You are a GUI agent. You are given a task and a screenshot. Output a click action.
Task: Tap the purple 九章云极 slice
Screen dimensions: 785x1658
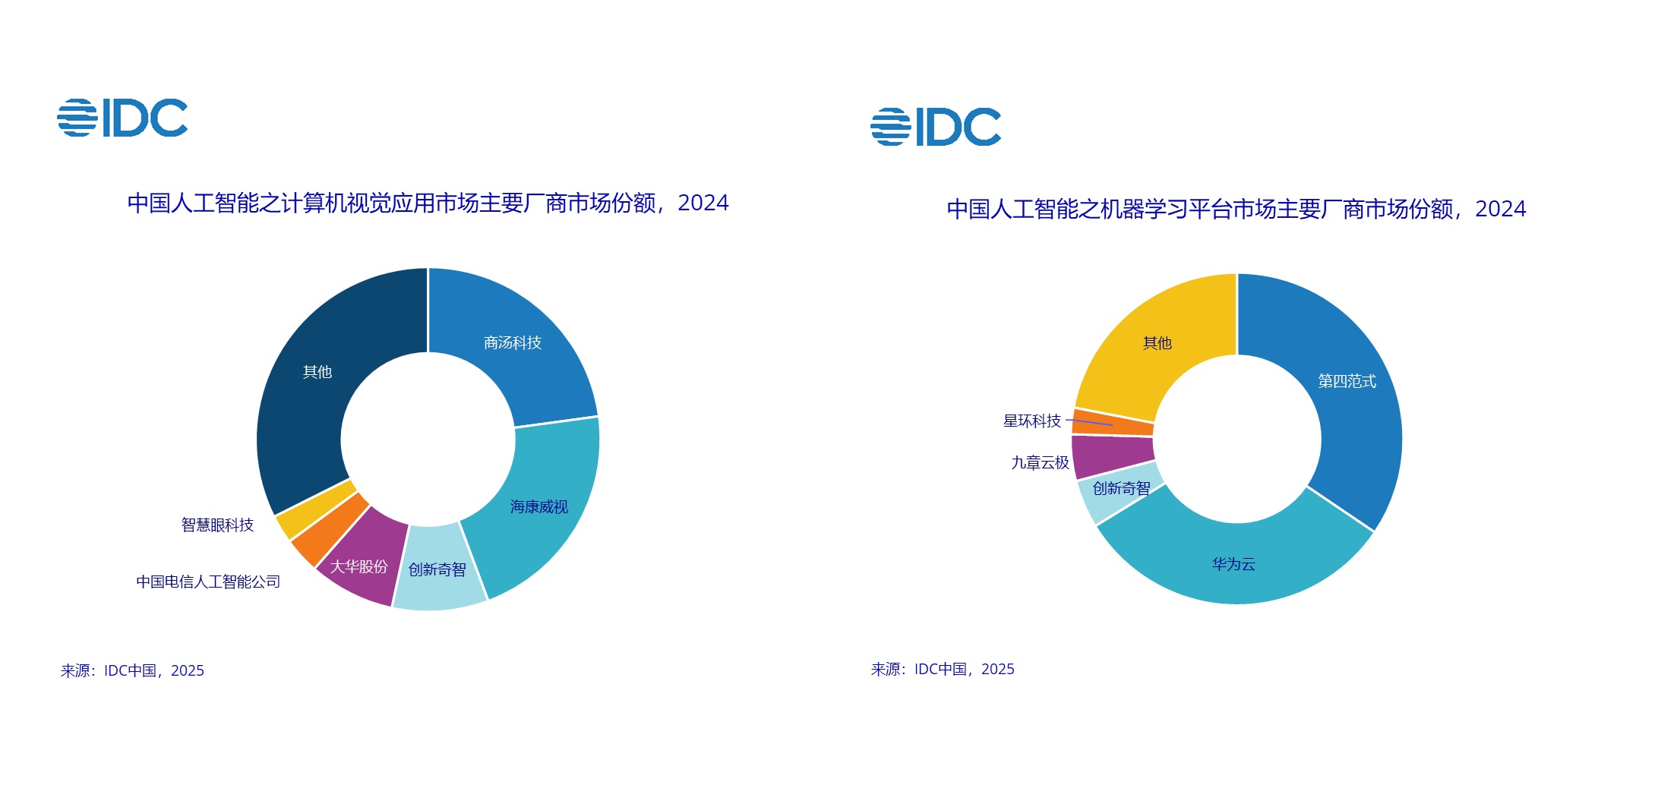[x=1113, y=456]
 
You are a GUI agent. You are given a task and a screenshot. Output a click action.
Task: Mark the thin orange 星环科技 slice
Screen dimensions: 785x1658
[x=1113, y=423]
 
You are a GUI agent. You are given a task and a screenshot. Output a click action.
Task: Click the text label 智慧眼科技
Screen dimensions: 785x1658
[x=217, y=525]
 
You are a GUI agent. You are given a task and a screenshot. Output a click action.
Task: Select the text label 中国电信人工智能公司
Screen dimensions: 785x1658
[x=208, y=582]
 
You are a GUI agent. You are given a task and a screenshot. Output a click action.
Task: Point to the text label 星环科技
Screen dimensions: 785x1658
[x=1031, y=421]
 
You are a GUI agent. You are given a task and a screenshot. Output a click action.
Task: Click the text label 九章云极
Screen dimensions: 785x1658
[x=1040, y=463]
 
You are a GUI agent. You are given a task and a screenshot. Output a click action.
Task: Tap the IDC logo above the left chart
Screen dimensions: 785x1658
[x=122, y=118]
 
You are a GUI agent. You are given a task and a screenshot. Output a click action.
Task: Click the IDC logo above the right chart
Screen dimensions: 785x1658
[x=936, y=127]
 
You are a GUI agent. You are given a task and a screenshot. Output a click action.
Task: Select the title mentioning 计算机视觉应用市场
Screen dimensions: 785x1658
[x=428, y=203]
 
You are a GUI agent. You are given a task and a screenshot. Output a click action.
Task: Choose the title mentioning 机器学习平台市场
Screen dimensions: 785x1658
[x=1236, y=209]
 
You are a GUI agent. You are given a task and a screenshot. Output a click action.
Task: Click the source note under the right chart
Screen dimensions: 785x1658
[x=943, y=670]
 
